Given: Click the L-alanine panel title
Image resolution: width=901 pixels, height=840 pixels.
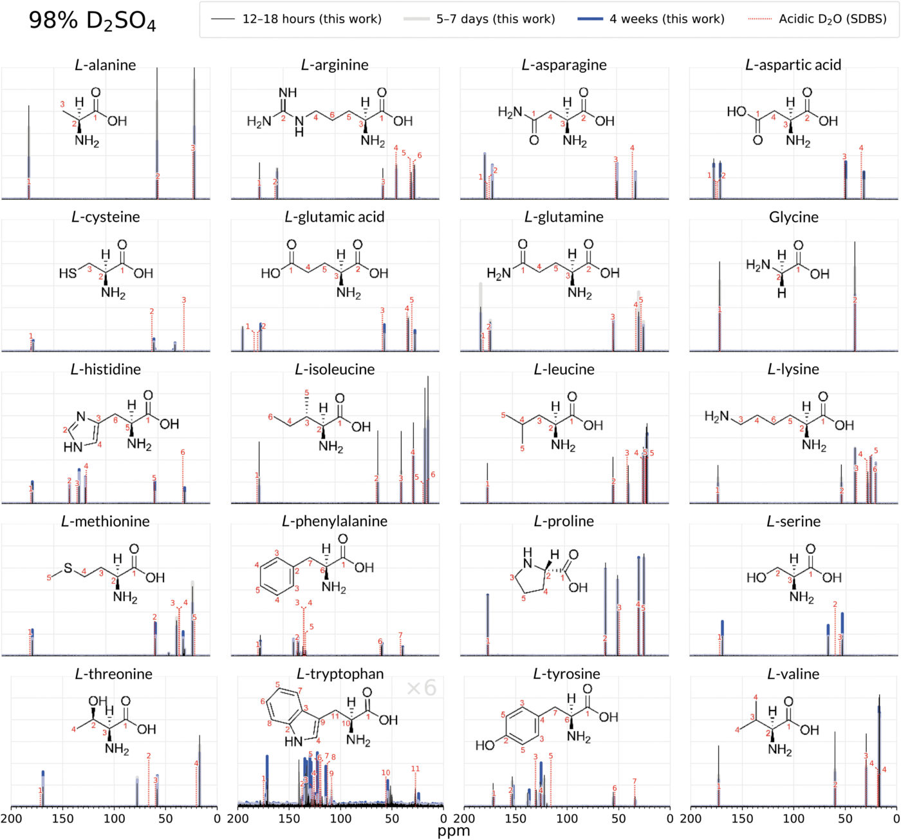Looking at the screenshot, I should [106, 65].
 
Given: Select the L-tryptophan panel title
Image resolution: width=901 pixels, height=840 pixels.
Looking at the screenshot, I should [340, 674].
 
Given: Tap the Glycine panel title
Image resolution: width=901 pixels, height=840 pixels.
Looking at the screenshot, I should [794, 218].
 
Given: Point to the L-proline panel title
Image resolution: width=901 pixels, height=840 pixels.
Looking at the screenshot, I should [564, 522].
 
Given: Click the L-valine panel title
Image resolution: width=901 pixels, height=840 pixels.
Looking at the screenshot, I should [793, 674].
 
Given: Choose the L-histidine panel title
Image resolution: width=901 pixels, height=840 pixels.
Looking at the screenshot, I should [106, 370].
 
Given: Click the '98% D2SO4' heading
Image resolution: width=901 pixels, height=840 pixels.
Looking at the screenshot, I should [92, 21].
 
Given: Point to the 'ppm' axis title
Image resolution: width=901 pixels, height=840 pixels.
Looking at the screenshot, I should [454, 831].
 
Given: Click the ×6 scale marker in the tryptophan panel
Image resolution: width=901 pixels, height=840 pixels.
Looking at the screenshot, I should [422, 688].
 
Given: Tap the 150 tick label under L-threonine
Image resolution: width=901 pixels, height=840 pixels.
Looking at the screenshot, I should [62, 819].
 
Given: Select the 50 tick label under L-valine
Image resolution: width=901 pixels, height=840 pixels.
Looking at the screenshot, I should [845, 819].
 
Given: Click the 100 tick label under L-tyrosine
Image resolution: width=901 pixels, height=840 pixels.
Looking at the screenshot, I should [567, 819].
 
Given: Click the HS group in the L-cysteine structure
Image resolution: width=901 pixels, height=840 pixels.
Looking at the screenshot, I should [68, 274].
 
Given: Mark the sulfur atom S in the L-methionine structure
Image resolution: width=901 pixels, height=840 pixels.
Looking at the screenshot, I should [68, 569].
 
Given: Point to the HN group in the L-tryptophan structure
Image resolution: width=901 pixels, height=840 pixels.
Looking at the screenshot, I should [293, 741].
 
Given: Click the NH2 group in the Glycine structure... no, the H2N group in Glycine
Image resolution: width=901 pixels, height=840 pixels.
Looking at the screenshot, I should [757, 265].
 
